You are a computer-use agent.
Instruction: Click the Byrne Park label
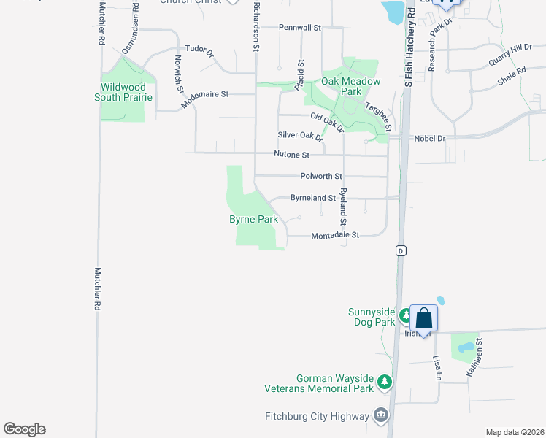pyautogui.click(x=253, y=219)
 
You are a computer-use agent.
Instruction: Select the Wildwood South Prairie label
pyautogui.click(x=126, y=92)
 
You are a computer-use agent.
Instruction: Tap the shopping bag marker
pyautogui.click(x=423, y=318)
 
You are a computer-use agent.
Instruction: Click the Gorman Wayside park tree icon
pyautogui.click(x=385, y=381)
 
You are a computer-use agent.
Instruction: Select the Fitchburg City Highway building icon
pyautogui.click(x=380, y=416)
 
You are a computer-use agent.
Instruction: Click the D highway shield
pyautogui.click(x=400, y=250)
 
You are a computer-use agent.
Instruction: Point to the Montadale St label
pyautogui.click(x=336, y=236)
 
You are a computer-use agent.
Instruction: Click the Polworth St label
pyautogui.click(x=321, y=176)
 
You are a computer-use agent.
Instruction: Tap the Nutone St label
pyautogui.click(x=292, y=155)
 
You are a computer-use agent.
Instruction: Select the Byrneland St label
pyautogui.click(x=312, y=198)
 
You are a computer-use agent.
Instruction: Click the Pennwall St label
pyautogui.click(x=300, y=28)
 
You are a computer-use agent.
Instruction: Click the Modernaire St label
pyautogui.click(x=204, y=95)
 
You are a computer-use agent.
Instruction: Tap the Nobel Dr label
pyautogui.click(x=429, y=137)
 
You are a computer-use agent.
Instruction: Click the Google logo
pyautogui.click(x=24, y=429)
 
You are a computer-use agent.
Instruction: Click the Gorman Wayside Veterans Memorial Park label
pyautogui.click(x=335, y=384)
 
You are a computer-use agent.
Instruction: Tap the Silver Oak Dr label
pyautogui.click(x=300, y=136)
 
